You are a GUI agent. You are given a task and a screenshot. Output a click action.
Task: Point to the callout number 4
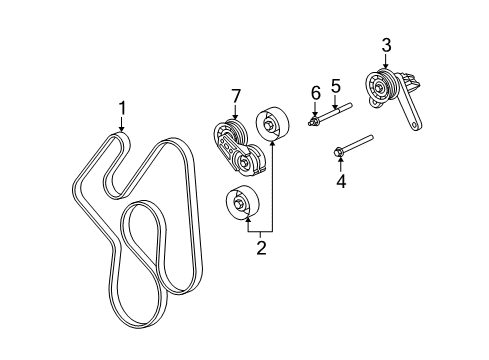pyautogui.click(x=339, y=182)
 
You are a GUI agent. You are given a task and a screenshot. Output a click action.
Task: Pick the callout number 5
pyautogui.click(x=336, y=87)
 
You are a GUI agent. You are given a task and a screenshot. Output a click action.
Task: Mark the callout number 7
pyautogui.click(x=236, y=95)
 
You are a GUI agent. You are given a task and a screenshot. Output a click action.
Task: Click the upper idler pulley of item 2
pyautogui.click(x=271, y=125)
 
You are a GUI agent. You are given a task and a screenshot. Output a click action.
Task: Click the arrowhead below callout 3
pyautogui.click(x=386, y=65)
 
